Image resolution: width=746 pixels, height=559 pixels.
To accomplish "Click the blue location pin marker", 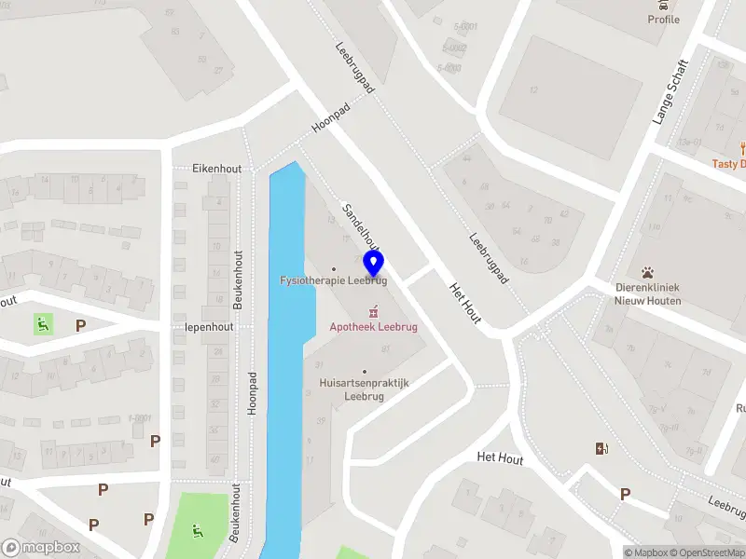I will [374, 262].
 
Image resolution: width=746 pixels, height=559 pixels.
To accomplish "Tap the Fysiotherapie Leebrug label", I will [334, 280].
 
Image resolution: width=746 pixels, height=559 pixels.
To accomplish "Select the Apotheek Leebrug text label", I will [374, 327].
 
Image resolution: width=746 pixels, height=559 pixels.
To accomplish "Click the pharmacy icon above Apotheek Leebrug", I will [374, 310].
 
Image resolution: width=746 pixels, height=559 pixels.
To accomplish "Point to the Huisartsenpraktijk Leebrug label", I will [364, 389].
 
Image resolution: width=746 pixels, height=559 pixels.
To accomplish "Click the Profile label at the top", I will [664, 20].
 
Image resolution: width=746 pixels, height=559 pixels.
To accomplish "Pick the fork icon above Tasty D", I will [742, 147].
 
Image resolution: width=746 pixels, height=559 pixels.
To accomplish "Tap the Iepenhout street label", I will [210, 328].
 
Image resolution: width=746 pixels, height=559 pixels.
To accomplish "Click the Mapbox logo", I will [40, 548].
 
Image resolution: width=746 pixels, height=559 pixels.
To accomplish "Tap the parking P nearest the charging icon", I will [625, 494].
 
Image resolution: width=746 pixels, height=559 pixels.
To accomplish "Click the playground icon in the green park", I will [197, 531].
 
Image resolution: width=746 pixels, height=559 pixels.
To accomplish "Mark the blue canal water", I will [285, 373].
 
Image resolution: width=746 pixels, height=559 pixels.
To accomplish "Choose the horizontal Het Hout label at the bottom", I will [500, 458].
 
